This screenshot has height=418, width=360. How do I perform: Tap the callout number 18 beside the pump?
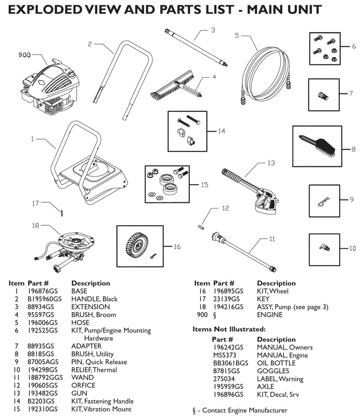click(35, 226)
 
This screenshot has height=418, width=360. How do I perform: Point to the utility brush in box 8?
click(316, 143)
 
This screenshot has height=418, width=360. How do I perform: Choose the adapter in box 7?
click(325, 95)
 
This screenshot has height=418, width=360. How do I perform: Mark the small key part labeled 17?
click(61, 211)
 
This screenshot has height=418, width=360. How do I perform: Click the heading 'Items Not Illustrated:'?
click(229, 329)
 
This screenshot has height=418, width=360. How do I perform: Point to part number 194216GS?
click(227, 307)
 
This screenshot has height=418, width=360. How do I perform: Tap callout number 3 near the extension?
click(213, 31)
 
